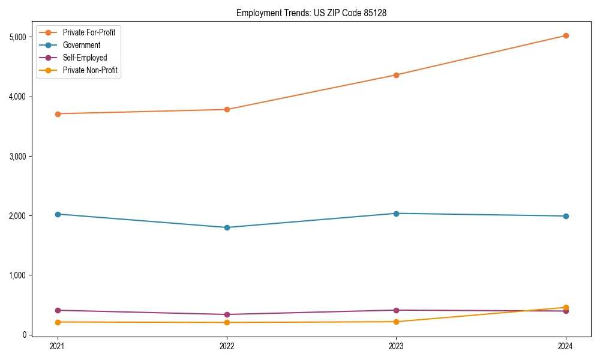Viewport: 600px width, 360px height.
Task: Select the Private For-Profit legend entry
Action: tap(89, 32)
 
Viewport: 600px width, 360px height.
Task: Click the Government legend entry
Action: tap(82, 45)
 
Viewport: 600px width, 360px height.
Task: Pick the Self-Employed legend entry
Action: tap(85, 58)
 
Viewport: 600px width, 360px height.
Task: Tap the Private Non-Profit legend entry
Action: tap(90, 70)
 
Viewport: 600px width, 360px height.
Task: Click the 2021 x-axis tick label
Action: tap(58, 346)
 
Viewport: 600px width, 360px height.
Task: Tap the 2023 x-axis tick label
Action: tap(396, 346)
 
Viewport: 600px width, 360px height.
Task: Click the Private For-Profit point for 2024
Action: tap(566, 35)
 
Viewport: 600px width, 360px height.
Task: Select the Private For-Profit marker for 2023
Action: tap(396, 75)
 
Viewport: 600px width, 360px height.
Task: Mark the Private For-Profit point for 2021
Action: tap(58, 113)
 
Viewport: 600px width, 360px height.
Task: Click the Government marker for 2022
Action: tap(227, 227)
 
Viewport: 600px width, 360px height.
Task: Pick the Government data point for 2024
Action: tap(566, 216)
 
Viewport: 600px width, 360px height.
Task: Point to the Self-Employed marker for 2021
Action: tap(58, 310)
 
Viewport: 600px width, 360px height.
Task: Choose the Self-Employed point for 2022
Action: tap(227, 314)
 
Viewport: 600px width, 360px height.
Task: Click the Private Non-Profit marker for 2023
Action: tap(396, 322)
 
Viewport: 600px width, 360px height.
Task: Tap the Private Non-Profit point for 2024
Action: tap(566, 307)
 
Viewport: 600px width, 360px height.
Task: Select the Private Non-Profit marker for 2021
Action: tap(58, 322)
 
